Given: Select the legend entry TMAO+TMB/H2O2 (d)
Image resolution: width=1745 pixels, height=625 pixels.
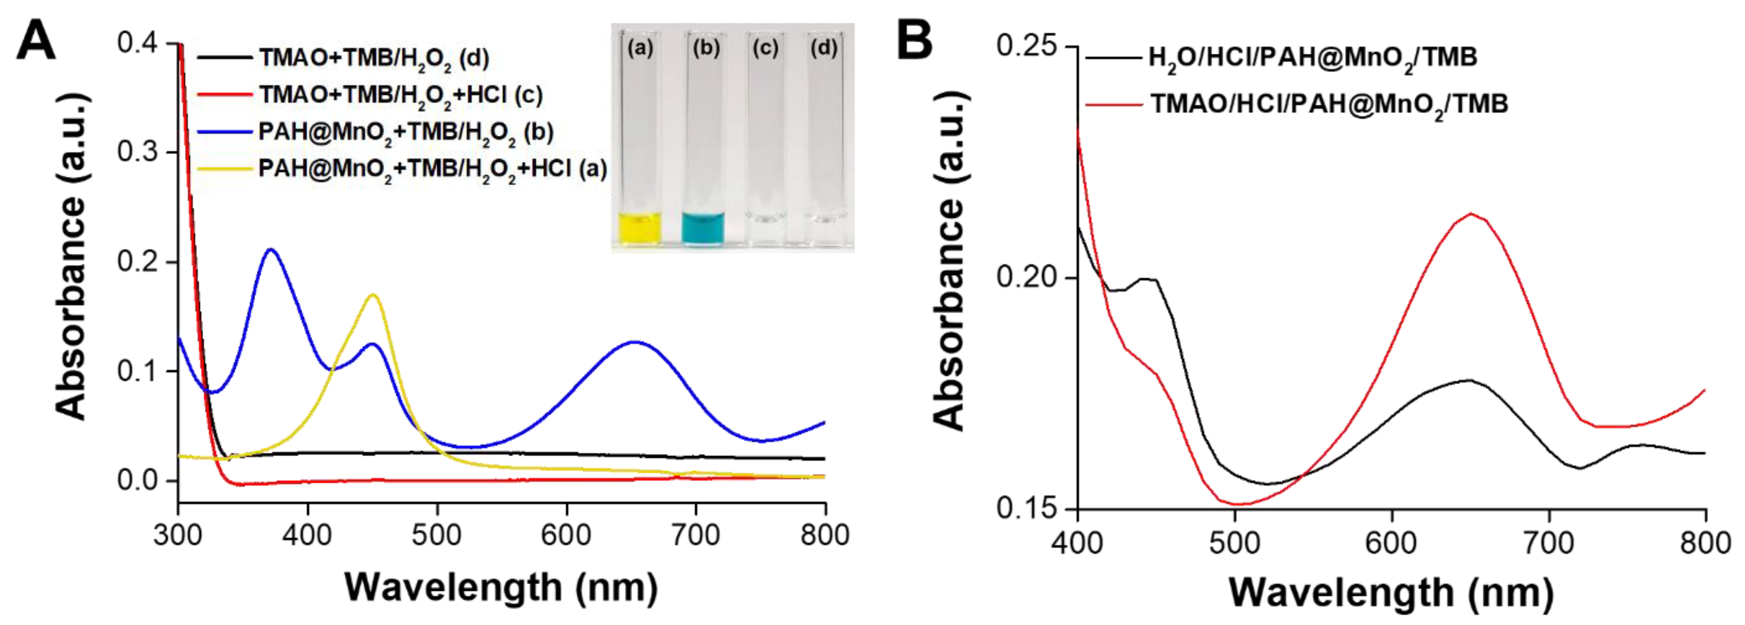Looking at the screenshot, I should click(373, 58).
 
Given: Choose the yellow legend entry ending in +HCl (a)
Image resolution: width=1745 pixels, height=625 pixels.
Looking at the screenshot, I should click(432, 168).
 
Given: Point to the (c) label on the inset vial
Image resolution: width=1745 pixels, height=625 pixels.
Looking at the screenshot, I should click(765, 48).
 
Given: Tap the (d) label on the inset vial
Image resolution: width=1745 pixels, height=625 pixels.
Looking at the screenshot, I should click(824, 48).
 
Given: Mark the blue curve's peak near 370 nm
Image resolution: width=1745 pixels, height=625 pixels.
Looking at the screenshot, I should click(271, 250).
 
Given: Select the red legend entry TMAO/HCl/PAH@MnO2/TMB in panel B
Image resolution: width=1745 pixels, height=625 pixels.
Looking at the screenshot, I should click(1328, 104).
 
